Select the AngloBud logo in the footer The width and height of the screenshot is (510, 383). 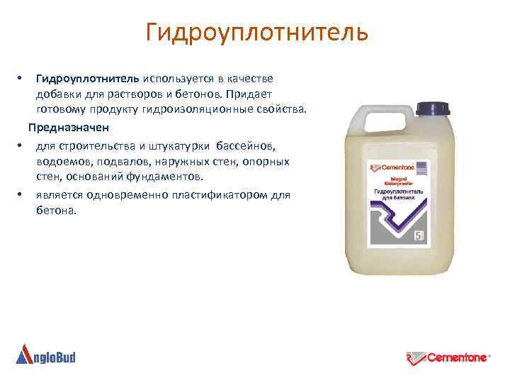[45, 354]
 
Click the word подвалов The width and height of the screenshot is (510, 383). [118, 161]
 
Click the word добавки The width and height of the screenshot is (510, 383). [59, 94]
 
